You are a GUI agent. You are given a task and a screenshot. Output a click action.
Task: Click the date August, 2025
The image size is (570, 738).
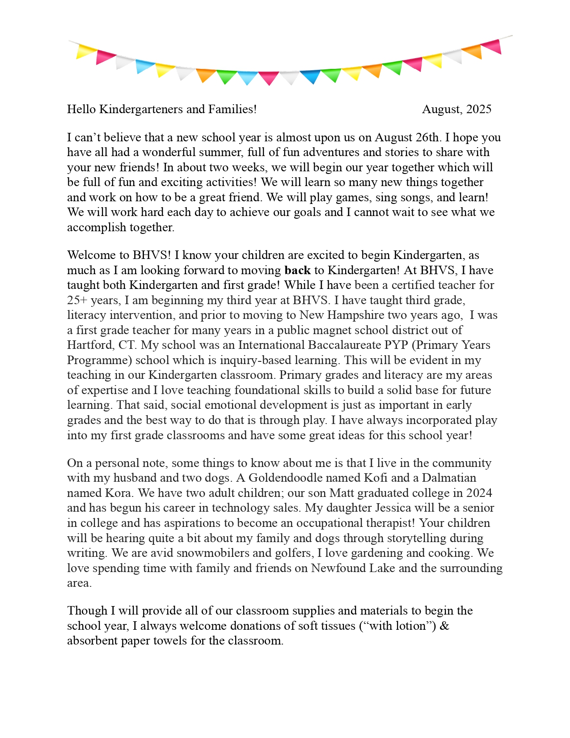(456, 110)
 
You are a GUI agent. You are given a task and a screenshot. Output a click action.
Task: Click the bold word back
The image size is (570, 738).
(297, 271)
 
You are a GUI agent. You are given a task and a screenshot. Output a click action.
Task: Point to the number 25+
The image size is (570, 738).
(77, 301)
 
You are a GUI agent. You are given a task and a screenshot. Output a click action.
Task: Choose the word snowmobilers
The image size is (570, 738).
(213, 553)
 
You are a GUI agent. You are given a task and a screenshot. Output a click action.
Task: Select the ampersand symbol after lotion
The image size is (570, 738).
(444, 626)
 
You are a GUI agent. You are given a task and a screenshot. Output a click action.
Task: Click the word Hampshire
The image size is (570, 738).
(355, 315)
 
